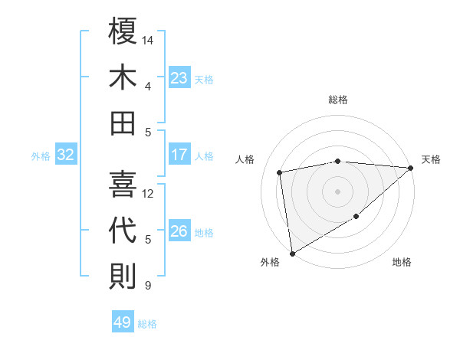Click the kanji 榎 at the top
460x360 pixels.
[123, 33]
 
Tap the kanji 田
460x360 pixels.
[123, 123]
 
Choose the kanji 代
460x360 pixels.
[123, 231]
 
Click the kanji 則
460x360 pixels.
[123, 276]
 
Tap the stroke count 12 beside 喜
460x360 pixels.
[149, 193]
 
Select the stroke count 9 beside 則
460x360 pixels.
[147, 286]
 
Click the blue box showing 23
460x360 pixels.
[179, 77]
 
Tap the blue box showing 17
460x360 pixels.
[179, 155]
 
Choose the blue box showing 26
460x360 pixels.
[179, 231]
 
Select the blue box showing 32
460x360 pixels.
[66, 155]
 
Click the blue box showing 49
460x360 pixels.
[123, 322]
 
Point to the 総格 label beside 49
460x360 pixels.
[147, 324]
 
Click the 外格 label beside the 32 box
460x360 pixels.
[41, 156]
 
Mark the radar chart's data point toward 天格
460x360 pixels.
[410, 169]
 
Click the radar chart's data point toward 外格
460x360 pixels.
[292, 253]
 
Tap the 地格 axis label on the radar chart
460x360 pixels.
[402, 263]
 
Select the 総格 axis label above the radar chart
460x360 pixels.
[338, 100]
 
